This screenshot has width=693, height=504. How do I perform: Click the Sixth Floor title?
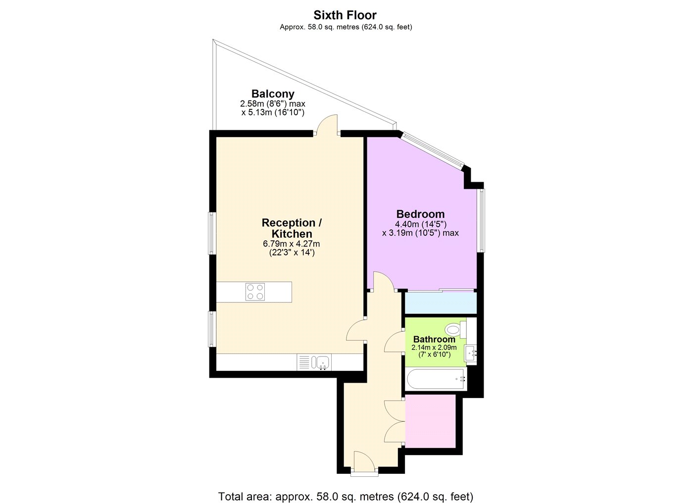pyautogui.click(x=345, y=15)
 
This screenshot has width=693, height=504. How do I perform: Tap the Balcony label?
pyautogui.click(x=273, y=94)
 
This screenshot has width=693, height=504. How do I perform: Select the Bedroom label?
pyautogui.click(x=420, y=214)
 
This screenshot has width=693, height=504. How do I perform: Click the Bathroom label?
pyautogui.click(x=434, y=339)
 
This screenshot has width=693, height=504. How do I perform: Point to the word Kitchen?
pyautogui.click(x=292, y=234)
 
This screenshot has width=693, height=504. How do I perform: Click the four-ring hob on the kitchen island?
pyautogui.click(x=255, y=292)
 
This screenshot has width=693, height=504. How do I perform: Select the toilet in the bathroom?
pyautogui.click(x=456, y=330)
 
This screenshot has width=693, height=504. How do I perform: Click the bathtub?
pyautogui.click(x=436, y=379)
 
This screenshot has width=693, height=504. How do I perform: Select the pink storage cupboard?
pyautogui.click(x=430, y=420)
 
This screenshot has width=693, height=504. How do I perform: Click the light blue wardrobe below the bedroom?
pyautogui.click(x=441, y=303)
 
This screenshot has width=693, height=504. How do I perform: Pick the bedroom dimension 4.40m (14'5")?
pyautogui.click(x=420, y=224)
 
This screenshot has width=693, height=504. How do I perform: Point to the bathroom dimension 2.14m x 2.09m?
pyautogui.click(x=434, y=347)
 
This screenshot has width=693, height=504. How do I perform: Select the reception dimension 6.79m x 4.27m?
pyautogui.click(x=292, y=244)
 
